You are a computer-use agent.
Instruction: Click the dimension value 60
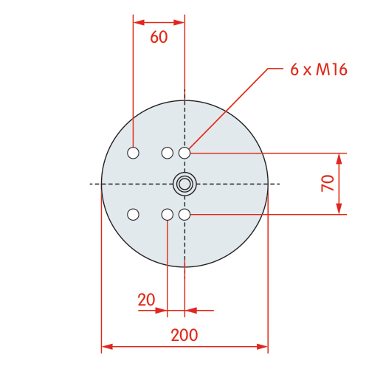[x=159, y=37]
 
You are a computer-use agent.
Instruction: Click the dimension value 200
[x=184, y=335]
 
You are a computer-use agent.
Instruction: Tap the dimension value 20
[x=146, y=300]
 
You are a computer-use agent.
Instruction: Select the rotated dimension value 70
[x=328, y=183]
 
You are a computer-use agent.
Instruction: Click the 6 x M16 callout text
[x=319, y=69]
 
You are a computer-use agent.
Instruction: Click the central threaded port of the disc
[x=184, y=184]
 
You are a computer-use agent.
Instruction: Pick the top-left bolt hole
[x=133, y=153]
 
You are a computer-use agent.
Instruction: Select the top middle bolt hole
[x=168, y=153]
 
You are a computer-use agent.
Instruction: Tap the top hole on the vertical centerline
[x=184, y=153]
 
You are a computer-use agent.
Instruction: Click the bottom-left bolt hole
[x=133, y=215]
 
